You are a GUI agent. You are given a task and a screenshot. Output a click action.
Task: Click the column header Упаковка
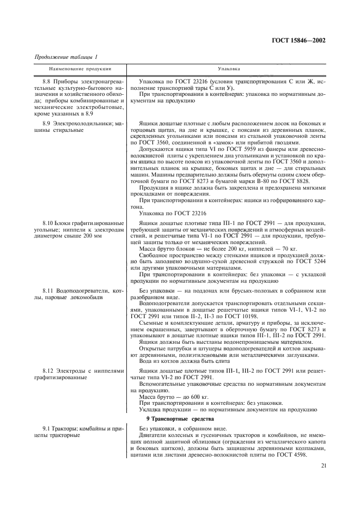click(x=226, y=70)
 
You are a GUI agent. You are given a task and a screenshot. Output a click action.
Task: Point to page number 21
click(x=324, y=465)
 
